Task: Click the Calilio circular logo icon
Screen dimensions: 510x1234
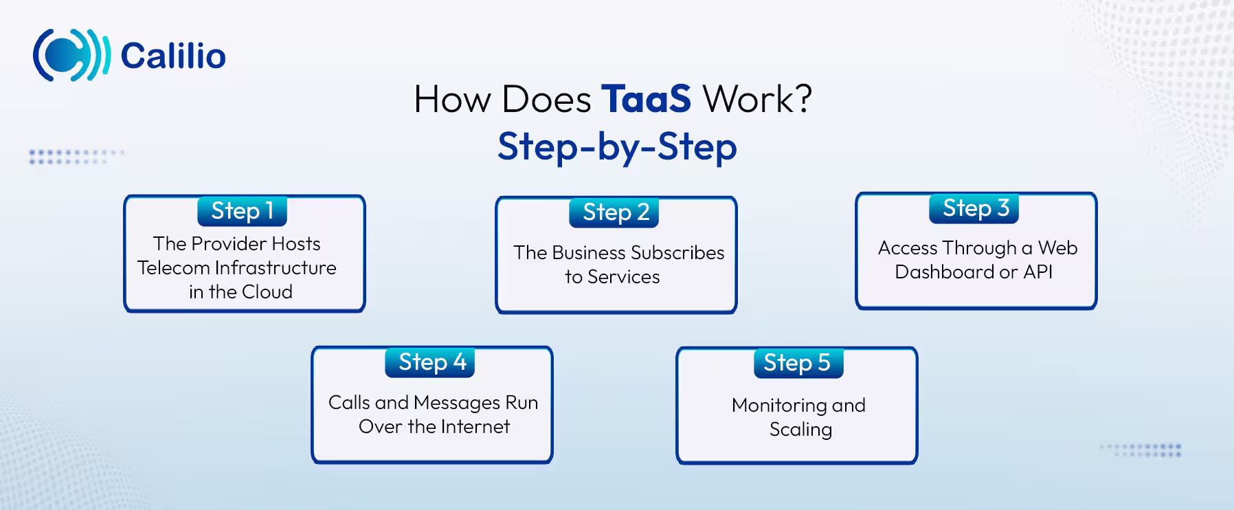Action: [71, 55]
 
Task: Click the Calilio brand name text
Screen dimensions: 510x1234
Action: [173, 56]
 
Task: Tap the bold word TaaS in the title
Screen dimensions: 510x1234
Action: [646, 99]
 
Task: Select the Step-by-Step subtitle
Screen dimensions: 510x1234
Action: [617, 146]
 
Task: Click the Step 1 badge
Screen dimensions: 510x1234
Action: [242, 211]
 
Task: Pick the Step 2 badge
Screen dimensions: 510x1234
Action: [615, 212]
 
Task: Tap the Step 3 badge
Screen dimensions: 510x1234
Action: [975, 208]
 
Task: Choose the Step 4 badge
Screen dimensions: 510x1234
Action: [432, 362]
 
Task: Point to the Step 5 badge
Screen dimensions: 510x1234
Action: [797, 363]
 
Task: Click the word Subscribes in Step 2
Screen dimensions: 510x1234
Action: [677, 253]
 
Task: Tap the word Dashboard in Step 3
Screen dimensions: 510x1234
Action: [944, 272]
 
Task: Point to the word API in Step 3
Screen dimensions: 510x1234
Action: [1037, 272]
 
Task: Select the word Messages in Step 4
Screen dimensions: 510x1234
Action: [457, 403]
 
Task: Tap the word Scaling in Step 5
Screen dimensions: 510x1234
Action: [800, 430]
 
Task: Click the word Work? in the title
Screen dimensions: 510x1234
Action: [757, 99]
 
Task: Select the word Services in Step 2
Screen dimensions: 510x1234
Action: [623, 277]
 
